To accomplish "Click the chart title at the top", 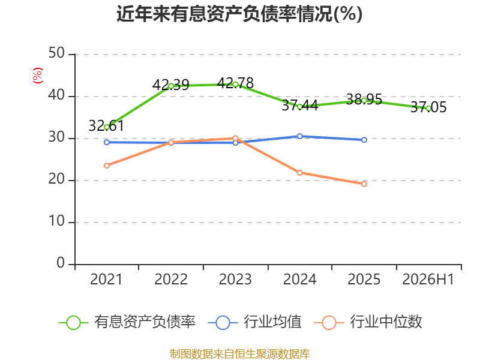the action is (239, 14).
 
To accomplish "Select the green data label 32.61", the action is (106, 125).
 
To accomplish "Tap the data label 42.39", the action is (171, 85).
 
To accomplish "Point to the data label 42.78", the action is (235, 83).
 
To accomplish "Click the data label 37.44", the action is (299, 106).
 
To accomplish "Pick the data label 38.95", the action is (364, 99).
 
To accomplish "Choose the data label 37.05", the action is (428, 107).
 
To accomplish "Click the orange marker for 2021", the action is (107, 166).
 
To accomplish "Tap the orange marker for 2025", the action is (364, 184).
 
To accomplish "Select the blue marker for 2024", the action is (299, 136).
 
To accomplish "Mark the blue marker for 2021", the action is (107, 142).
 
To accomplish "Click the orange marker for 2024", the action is (299, 173).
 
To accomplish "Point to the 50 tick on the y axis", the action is (56, 53).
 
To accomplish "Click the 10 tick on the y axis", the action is (56, 221).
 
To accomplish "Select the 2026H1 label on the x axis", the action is (428, 279).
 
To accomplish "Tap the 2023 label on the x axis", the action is (235, 279).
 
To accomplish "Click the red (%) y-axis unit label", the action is (38, 76).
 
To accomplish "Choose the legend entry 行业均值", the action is (254, 322).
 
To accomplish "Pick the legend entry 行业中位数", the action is (368, 322).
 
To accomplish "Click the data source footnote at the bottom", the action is (239, 354).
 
